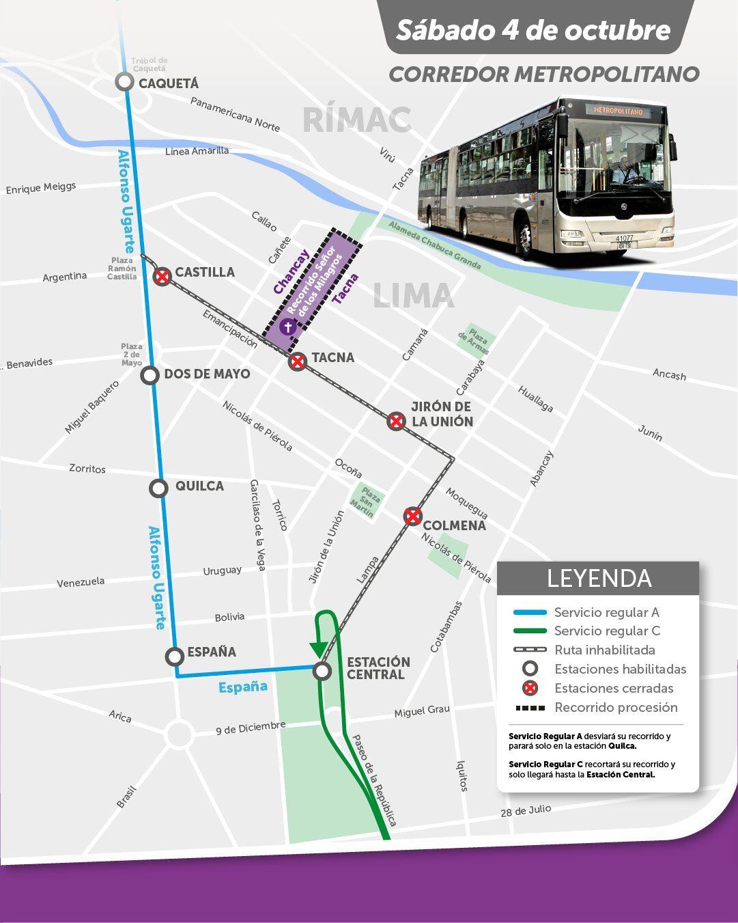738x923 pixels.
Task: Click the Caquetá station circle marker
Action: tap(124, 82)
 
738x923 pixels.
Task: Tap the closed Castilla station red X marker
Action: tap(162, 277)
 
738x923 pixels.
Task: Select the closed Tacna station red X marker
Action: tap(297, 361)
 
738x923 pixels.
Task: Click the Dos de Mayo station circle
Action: tap(150, 375)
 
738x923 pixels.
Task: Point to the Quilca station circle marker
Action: tap(158, 488)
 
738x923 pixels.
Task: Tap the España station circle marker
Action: tap(175, 656)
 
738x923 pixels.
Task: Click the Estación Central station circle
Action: tap(322, 671)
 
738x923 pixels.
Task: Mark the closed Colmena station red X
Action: tap(412, 516)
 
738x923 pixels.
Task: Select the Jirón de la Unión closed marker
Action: tap(396, 421)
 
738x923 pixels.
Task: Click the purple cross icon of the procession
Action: tap(288, 327)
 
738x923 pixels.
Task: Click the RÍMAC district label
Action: tap(356, 120)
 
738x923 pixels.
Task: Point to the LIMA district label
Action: tap(413, 296)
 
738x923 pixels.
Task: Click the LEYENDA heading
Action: tap(598, 578)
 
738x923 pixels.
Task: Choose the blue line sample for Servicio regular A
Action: tap(530, 612)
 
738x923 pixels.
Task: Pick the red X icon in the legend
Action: tap(530, 688)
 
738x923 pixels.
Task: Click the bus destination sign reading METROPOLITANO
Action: tap(618, 110)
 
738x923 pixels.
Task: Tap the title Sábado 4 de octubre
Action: tap(533, 30)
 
